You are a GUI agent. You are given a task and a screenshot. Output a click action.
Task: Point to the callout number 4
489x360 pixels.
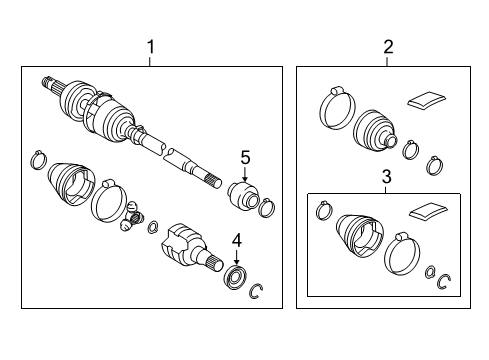click(x=236, y=239)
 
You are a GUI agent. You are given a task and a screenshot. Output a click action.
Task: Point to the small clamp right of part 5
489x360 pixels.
click(x=267, y=209)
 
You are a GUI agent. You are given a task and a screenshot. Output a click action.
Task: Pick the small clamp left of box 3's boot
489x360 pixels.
click(x=324, y=210)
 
